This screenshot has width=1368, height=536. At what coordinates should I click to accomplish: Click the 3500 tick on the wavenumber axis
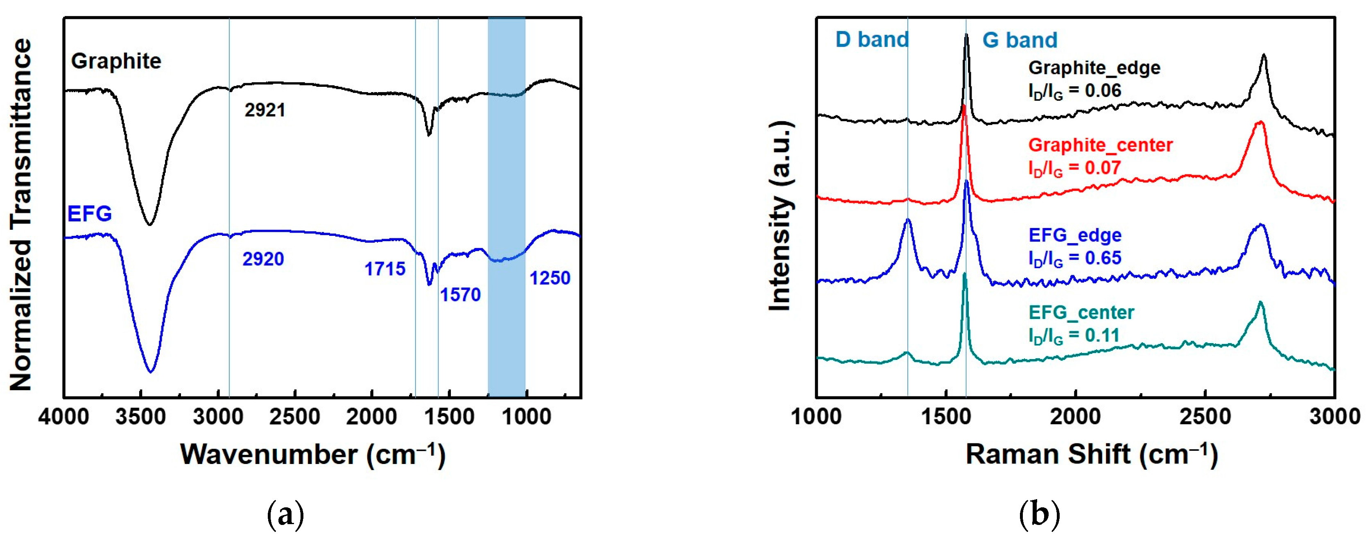(141, 416)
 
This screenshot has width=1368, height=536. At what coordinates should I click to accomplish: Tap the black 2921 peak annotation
(265, 110)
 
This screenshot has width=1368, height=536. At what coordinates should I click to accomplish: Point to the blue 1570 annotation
(460, 294)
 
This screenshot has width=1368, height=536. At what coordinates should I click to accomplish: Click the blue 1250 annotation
(549, 278)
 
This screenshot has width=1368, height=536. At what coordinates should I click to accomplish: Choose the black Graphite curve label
(116, 61)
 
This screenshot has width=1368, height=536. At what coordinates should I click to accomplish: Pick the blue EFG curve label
(89, 214)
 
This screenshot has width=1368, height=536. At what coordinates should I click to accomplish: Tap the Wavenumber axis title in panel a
(312, 454)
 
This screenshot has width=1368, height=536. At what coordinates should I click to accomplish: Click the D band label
(871, 40)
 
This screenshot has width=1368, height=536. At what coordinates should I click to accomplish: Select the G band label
(1019, 40)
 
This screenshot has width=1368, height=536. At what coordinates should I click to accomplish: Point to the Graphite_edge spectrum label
(1094, 68)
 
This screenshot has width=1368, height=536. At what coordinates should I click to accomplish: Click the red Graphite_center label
(1100, 145)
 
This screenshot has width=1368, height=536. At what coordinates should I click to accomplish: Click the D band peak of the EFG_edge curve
(908, 219)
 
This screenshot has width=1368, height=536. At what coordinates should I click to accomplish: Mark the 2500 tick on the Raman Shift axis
(1205, 416)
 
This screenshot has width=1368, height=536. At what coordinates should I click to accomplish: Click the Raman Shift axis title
(1091, 454)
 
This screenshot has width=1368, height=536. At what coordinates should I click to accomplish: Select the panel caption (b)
(1039, 515)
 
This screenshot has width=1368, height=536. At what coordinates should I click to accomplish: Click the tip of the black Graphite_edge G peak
(966, 35)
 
